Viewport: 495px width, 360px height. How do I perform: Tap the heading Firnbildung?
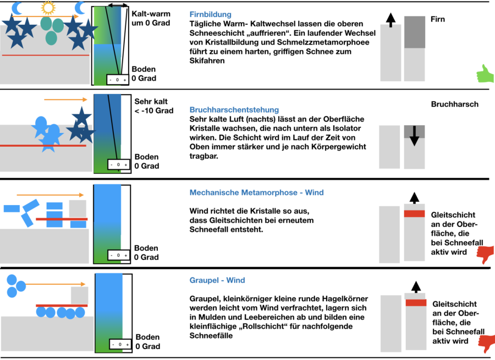[x=210, y=14]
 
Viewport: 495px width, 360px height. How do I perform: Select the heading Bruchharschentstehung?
[x=234, y=110]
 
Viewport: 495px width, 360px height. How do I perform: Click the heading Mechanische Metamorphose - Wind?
[x=256, y=193]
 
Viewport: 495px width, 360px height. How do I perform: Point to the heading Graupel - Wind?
[x=217, y=280]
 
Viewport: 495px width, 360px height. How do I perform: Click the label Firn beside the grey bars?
[x=438, y=20]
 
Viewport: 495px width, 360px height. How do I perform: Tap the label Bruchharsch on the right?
[x=454, y=104]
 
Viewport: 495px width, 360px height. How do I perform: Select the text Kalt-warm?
[x=151, y=14]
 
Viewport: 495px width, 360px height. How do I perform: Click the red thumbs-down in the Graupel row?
[x=486, y=342]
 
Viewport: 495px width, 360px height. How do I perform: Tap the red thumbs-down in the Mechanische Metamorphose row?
[x=486, y=254]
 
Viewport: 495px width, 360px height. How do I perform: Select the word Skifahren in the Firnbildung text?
[x=207, y=61]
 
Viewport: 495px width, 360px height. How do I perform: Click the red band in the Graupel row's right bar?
[x=416, y=302]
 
